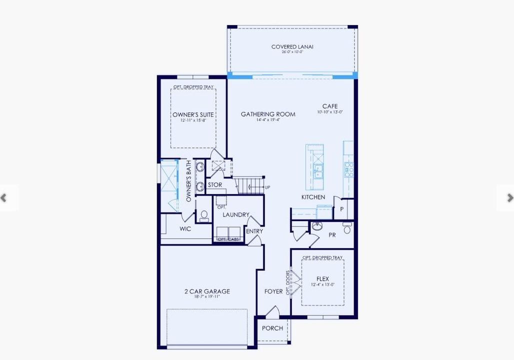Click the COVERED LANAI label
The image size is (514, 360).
click(x=292, y=47)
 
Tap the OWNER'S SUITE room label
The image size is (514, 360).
click(x=193, y=115)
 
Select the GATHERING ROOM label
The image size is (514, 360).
click(x=268, y=114)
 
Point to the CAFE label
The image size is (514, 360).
click(x=330, y=106)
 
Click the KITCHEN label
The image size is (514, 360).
click(x=313, y=197)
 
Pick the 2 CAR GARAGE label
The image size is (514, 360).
click(x=206, y=291)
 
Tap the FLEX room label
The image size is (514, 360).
click(x=322, y=279)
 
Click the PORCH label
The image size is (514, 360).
click(x=272, y=328)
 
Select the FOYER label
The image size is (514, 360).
click(x=273, y=291)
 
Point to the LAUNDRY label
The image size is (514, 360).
click(x=236, y=215)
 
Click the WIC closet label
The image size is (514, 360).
click(x=185, y=229)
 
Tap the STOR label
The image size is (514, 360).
click(x=215, y=185)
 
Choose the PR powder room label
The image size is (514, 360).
click(x=332, y=235)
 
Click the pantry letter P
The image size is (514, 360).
click(x=342, y=209)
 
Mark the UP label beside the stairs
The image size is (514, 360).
click(x=267, y=187)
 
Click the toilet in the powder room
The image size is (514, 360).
click(x=347, y=228)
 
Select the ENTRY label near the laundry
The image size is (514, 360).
click(x=254, y=231)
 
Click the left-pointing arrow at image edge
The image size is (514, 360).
click(x=4, y=198)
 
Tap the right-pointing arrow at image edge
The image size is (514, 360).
click(x=509, y=198)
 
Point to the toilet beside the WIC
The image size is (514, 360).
click(x=203, y=216)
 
